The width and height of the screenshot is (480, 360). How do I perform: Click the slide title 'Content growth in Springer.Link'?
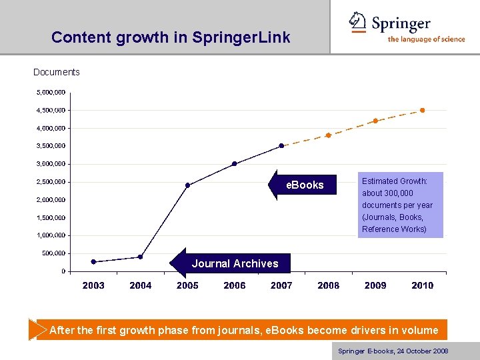click(x=171, y=37)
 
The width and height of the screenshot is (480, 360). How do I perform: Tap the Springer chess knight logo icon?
click(x=359, y=22)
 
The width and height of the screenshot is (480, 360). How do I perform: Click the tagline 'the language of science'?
click(x=426, y=39)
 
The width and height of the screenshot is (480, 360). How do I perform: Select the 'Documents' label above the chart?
click(x=57, y=72)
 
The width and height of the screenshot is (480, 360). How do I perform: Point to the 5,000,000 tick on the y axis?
click(x=51, y=92)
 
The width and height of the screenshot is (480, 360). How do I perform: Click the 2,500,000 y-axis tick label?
click(x=51, y=181)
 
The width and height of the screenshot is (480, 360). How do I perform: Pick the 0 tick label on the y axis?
click(x=63, y=271)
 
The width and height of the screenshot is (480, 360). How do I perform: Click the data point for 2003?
click(x=93, y=262)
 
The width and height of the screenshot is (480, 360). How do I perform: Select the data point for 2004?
click(x=140, y=257)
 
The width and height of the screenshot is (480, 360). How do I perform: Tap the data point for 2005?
click(x=187, y=185)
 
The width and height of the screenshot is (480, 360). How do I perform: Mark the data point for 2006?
click(x=234, y=163)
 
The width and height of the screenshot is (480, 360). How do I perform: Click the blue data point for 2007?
click(x=281, y=145)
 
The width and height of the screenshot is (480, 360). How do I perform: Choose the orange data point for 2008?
click(x=328, y=135)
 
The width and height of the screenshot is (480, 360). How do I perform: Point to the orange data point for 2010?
click(x=422, y=110)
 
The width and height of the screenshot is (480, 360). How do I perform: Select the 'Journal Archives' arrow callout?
click(x=230, y=263)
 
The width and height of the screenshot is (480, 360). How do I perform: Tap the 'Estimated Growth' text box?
click(x=397, y=205)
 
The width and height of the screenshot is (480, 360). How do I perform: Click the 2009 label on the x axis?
click(x=375, y=285)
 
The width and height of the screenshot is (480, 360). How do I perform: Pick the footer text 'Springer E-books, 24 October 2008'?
click(x=393, y=351)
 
